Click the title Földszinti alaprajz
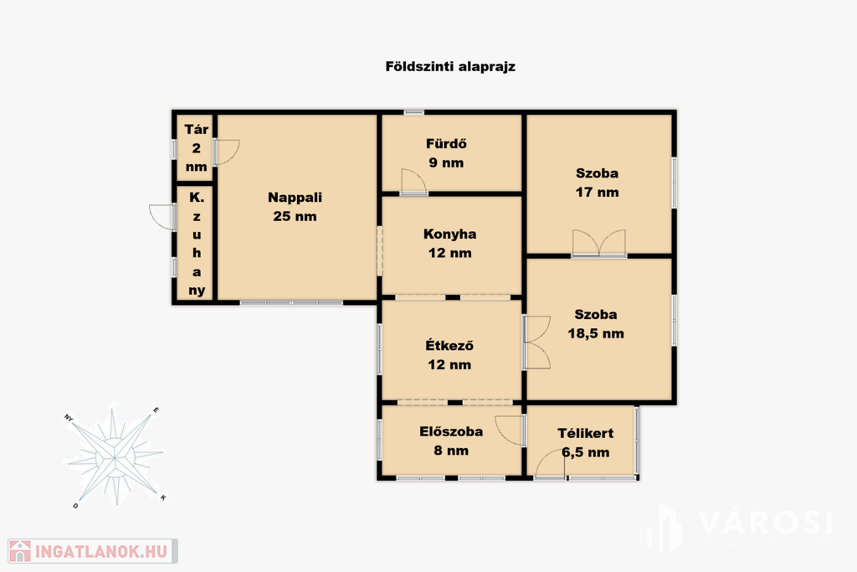click(x=450, y=67)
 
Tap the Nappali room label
click(x=295, y=198)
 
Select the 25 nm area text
click(x=295, y=217)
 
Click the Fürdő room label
click(x=446, y=144)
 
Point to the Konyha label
click(x=449, y=234)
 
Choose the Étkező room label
click(x=449, y=346)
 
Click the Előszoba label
click(x=451, y=431)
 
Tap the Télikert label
click(x=585, y=434)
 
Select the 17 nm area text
click(x=597, y=193)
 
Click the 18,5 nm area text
click(x=596, y=333)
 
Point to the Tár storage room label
click(x=196, y=130)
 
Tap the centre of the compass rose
click(x=114, y=456)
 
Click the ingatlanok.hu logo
click(x=93, y=551)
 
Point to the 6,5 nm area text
click(x=585, y=453)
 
